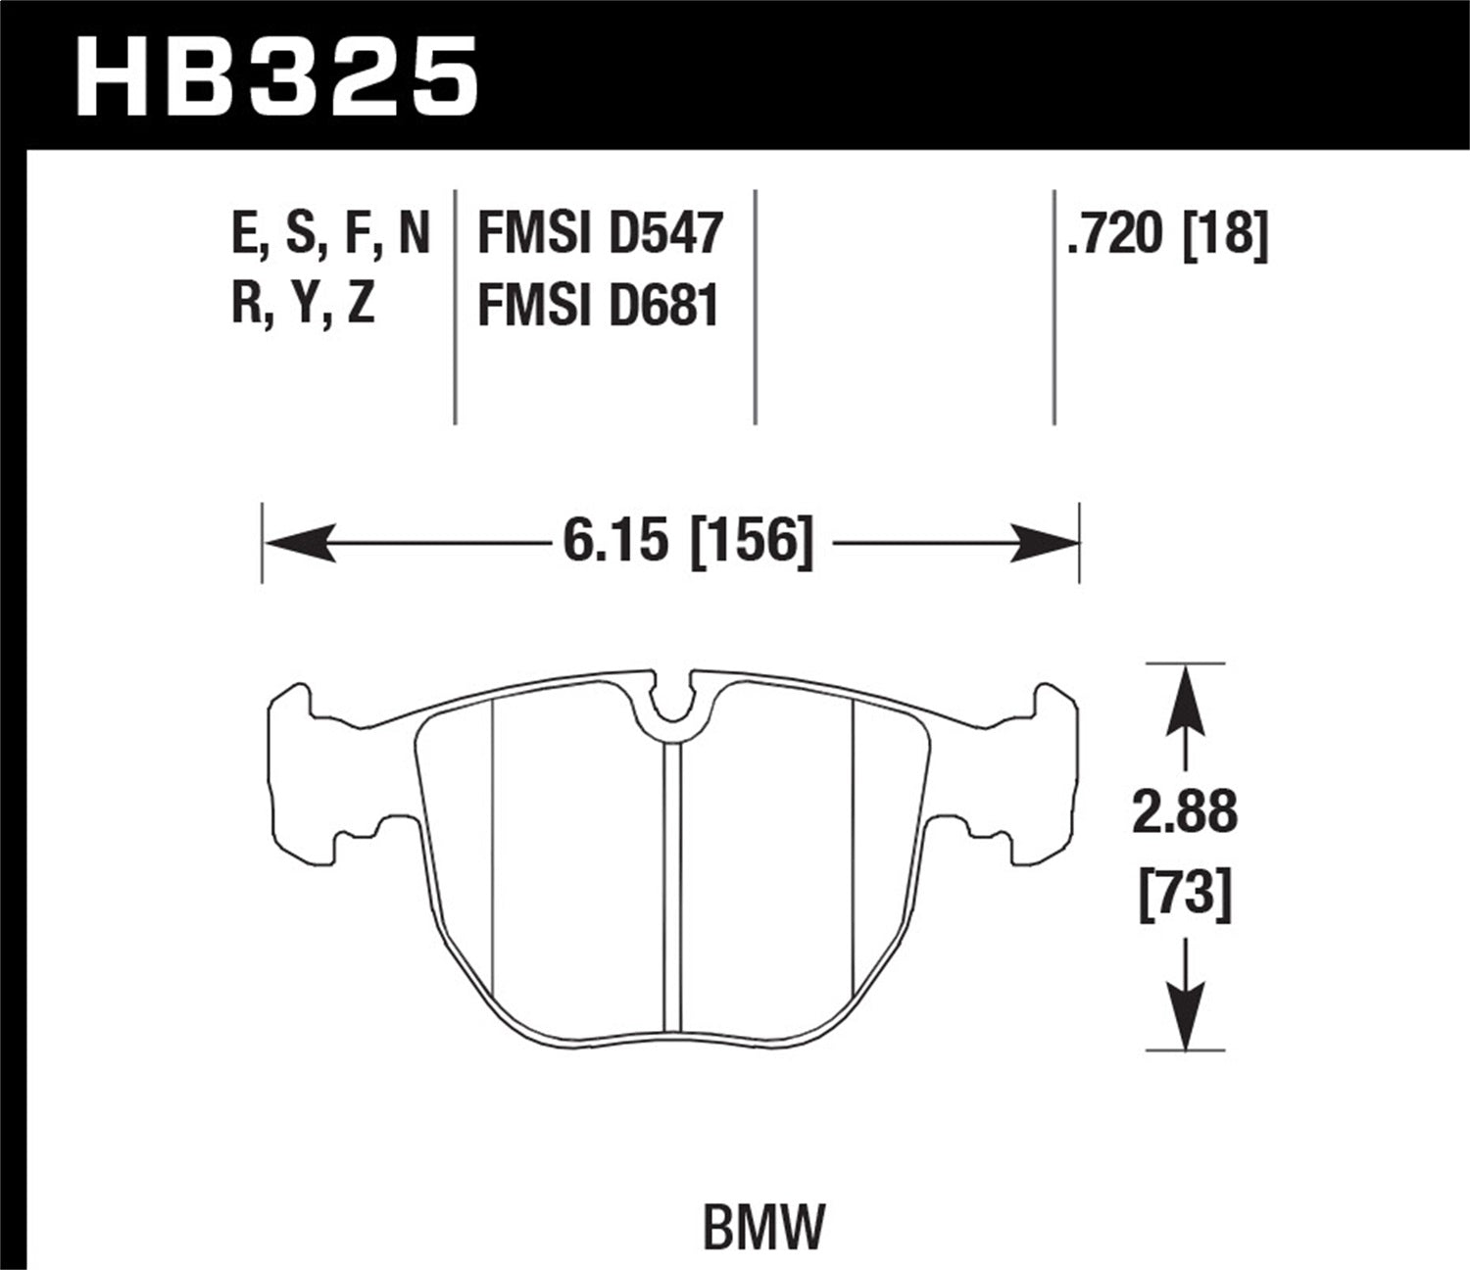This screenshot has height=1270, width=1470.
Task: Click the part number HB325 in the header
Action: (276, 76)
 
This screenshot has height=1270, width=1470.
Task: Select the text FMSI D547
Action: (599, 235)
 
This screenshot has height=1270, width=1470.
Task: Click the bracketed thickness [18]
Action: (1226, 235)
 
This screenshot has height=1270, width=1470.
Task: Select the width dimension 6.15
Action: (620, 542)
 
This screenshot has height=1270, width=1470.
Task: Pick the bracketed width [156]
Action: (753, 542)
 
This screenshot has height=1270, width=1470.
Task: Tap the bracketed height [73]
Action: (1185, 895)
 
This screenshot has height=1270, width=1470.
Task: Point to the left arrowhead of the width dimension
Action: (299, 542)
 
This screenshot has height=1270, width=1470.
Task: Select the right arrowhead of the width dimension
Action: (1043, 542)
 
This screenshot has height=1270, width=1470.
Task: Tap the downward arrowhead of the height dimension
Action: (1186, 1019)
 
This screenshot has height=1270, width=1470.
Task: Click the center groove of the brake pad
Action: (671, 882)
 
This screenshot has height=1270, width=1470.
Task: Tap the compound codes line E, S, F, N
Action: (331, 235)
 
